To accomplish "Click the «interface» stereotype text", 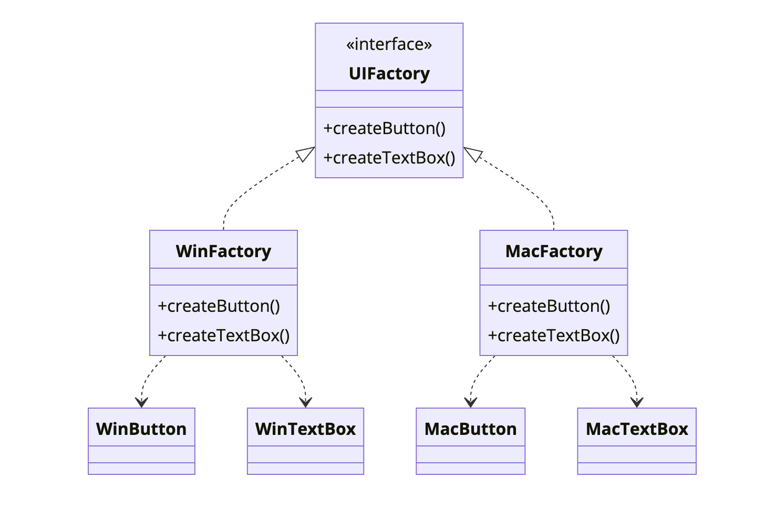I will (389, 45).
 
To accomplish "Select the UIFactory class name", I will (389, 74).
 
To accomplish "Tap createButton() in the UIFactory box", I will (385, 128).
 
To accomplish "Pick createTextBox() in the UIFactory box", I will (389, 158).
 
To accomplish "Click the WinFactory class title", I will (223, 251).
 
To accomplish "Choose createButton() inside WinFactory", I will (219, 306).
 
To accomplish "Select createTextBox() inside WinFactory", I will (224, 336).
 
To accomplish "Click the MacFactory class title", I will (554, 251).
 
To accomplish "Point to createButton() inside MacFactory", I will (549, 306).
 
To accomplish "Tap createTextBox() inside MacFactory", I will (554, 336).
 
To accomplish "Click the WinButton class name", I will (141, 429).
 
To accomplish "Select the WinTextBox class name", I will (305, 429).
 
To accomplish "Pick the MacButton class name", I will (470, 429).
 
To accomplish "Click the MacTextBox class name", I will (637, 429).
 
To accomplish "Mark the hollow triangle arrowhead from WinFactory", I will (305, 154).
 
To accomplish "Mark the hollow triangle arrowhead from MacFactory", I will (473, 154).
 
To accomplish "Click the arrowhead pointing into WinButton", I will (141, 402).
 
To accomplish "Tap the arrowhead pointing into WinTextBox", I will (305, 402).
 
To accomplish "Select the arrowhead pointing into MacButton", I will (471, 402).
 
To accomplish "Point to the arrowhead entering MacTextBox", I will (637, 402).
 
